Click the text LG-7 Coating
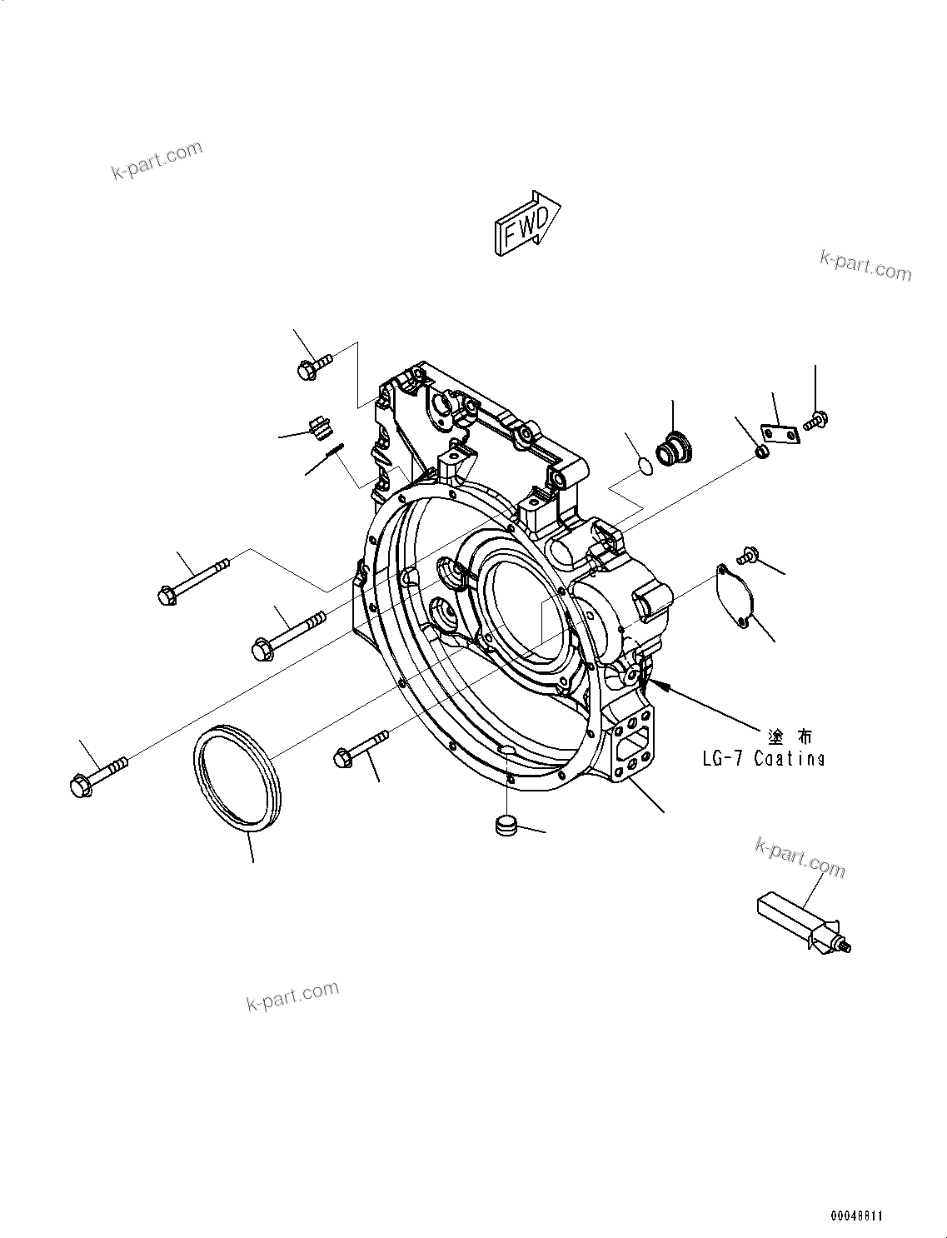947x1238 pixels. [763, 759]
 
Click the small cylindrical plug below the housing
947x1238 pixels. [505, 826]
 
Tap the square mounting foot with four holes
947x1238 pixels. [635, 741]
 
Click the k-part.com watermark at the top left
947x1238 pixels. [157, 160]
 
